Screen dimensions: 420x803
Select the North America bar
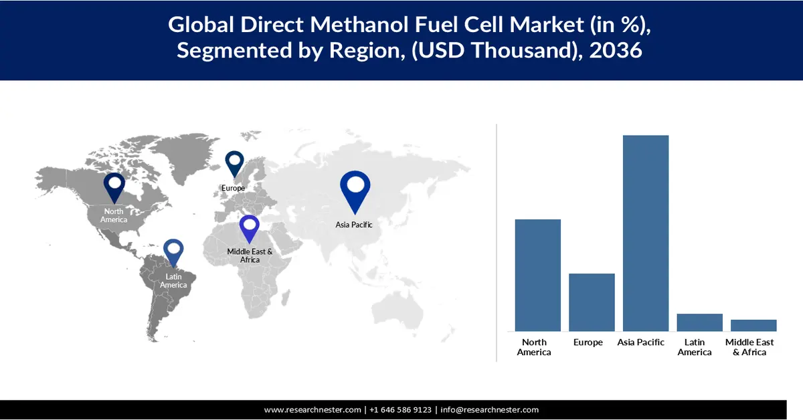(537, 275)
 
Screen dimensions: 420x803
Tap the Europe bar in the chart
(592, 302)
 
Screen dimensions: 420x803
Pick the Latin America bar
(699, 322)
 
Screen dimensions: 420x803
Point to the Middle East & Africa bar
(753, 325)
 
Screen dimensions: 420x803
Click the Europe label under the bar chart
(588, 342)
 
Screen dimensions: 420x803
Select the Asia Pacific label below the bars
(641, 342)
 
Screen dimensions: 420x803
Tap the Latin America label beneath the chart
(695, 347)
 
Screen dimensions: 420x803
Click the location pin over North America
(114, 186)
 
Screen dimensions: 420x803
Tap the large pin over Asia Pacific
(355, 189)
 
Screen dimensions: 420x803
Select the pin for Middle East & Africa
(250, 227)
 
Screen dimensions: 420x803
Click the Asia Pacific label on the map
(354, 225)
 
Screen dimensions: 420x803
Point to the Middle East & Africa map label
(250, 255)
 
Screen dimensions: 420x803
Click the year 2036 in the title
(616, 50)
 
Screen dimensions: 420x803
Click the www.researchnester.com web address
(313, 410)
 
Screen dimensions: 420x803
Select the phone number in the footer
(400, 410)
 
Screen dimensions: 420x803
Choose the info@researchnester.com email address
(489, 410)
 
